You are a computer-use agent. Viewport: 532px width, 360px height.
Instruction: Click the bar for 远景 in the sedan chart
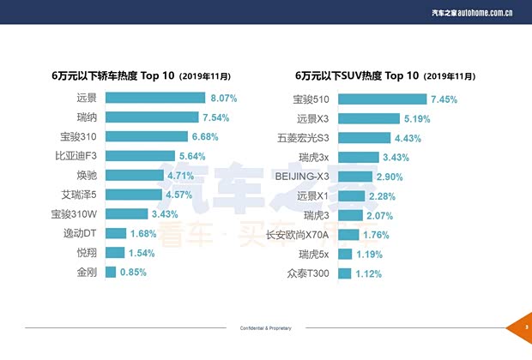[x=155, y=99]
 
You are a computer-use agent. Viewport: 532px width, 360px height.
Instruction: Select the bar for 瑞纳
[x=151, y=117]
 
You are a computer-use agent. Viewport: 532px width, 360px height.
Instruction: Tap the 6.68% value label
[x=205, y=137]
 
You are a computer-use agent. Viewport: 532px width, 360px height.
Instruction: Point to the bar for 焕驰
[x=135, y=176]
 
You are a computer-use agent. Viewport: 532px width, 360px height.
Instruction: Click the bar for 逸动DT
[x=116, y=233]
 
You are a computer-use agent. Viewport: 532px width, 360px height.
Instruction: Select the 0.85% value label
[x=133, y=273]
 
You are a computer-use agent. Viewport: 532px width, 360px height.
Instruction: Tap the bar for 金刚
[x=110, y=273]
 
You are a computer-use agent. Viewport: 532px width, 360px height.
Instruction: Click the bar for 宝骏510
[x=382, y=99]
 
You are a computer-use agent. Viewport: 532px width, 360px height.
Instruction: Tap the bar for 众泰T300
[x=344, y=274]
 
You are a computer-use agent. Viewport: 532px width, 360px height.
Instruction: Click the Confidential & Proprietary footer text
[x=265, y=327]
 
